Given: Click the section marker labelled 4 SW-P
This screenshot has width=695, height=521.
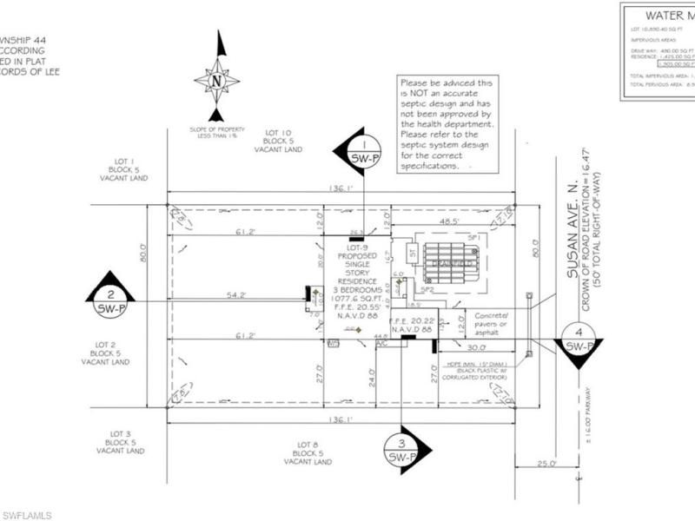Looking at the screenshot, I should pos(579,341).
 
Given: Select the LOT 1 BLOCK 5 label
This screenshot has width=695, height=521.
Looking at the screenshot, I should pos(124,169).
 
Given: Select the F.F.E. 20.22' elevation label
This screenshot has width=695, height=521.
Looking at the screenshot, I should pos(411,325).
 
